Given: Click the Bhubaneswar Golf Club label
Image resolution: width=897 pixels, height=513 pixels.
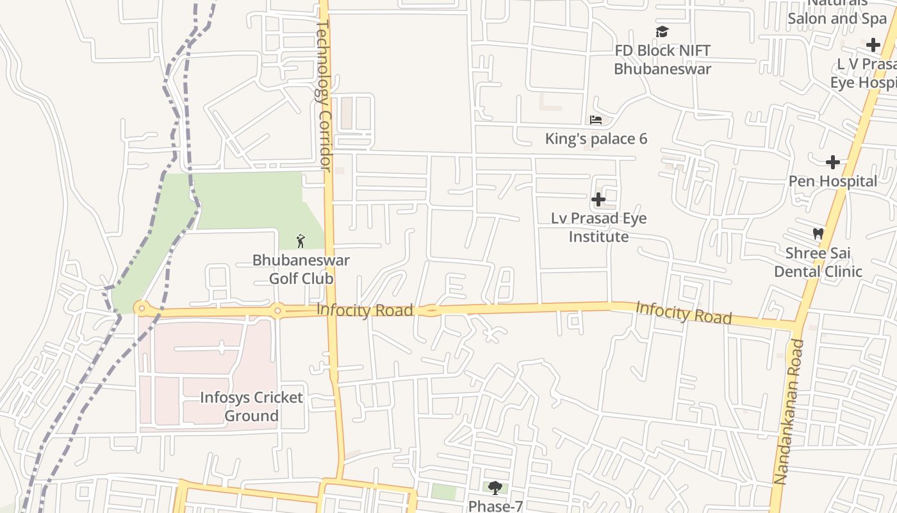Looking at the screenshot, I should [x=301, y=269].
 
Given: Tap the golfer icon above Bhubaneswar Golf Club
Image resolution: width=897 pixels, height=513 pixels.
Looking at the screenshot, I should [x=300, y=241].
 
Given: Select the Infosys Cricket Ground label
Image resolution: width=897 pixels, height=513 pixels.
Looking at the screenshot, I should [x=251, y=407].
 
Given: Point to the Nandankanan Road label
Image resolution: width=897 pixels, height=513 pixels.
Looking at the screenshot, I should [x=789, y=411].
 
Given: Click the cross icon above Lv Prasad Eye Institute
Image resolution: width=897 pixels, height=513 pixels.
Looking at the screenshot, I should [x=598, y=199].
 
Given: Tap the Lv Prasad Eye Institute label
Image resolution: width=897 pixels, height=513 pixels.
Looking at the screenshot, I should [x=599, y=227].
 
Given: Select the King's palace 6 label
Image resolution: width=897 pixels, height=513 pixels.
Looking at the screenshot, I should [x=596, y=139].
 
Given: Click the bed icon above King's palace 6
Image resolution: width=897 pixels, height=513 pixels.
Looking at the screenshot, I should [x=596, y=120].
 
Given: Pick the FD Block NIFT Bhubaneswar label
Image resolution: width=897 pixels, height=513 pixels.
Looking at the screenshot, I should [x=662, y=60].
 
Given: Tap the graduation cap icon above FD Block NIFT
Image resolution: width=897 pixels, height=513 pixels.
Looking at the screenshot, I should [x=662, y=32].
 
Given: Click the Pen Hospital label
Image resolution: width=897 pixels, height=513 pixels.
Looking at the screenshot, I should [x=832, y=181].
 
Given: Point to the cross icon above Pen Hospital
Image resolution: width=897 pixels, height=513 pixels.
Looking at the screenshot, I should [x=832, y=162].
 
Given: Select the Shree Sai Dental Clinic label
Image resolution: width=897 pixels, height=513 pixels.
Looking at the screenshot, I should [x=818, y=262].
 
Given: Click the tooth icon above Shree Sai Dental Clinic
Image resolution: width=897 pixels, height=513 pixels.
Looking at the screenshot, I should [x=818, y=233].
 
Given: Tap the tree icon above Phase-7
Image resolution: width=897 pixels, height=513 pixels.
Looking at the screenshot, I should [x=495, y=489].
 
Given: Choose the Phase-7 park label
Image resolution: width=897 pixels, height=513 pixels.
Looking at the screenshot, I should [x=495, y=506].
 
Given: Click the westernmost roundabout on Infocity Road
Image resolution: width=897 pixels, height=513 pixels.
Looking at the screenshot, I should [x=142, y=308].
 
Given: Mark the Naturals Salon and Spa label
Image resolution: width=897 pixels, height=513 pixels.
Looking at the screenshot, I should [x=837, y=13].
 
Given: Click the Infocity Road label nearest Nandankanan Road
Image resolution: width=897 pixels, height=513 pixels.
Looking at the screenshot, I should [x=683, y=313].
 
